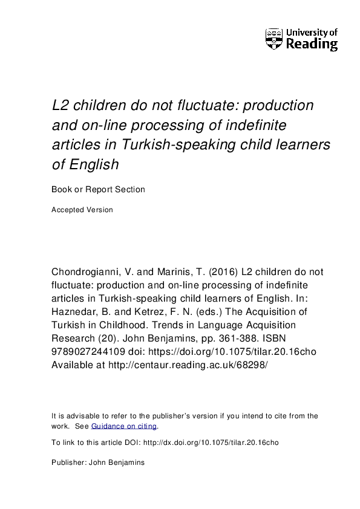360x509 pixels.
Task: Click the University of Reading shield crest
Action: [x=274, y=38]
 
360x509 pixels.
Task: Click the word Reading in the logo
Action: [x=312, y=44]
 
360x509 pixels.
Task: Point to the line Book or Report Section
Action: [x=99, y=189]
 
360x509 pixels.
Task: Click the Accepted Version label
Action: [x=82, y=210]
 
